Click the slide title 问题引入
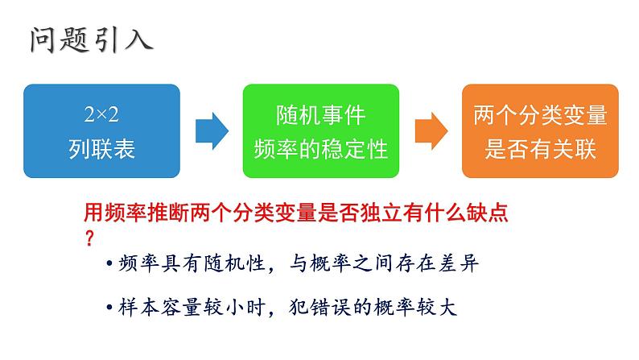[89, 38]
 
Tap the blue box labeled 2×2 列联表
[102, 131]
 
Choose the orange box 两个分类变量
[541, 131]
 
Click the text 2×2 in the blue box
[102, 115]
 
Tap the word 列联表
[102, 148]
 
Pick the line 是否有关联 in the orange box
[541, 148]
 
